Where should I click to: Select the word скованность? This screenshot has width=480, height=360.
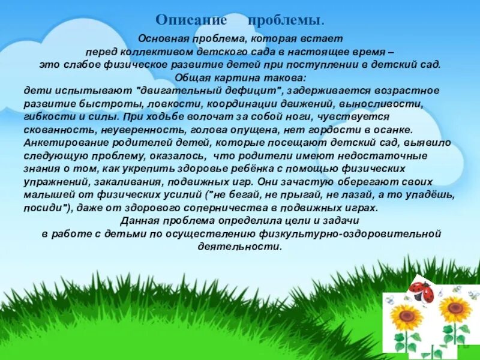pos(51,130)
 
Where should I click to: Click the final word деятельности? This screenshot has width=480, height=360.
pos(239,247)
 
